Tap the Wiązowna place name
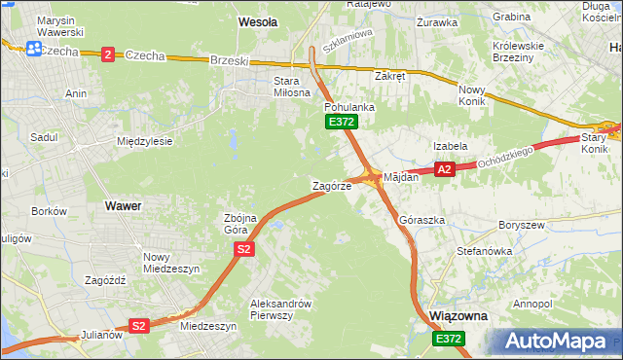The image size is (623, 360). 458,317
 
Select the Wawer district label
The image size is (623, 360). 123,206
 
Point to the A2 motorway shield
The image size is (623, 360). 445,169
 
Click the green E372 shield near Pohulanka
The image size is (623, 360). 342,122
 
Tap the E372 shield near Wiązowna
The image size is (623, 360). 449,338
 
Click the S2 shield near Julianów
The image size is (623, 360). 139,326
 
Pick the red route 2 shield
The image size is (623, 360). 107,54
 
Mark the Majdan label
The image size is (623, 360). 401,177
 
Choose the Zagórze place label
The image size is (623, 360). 331,185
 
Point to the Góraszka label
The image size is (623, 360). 421,221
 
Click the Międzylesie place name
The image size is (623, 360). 144,141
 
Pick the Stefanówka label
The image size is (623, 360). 484,251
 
